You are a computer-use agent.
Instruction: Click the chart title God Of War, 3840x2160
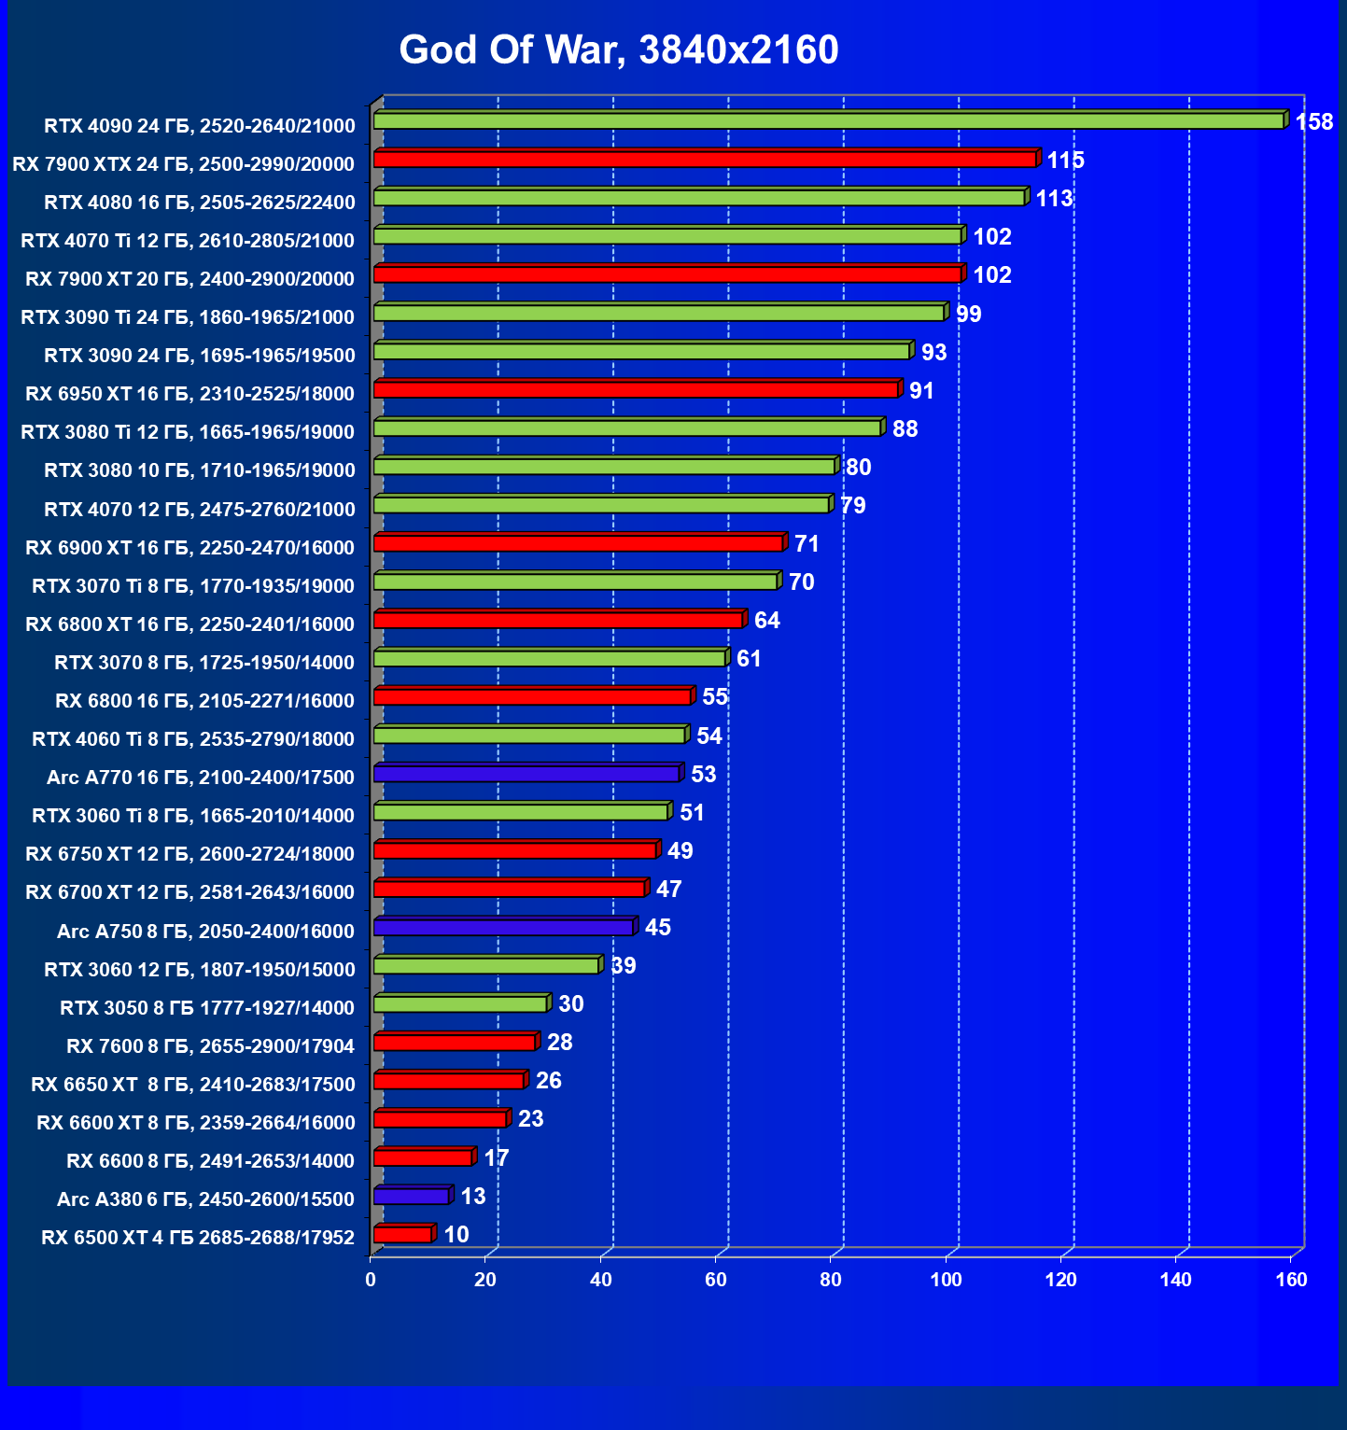coord(619,49)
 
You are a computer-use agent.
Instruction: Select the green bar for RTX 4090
coord(828,121)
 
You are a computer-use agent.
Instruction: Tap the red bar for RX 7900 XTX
coord(705,160)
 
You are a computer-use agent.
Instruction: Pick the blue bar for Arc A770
coord(526,774)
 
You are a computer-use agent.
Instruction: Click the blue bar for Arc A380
coord(412,1197)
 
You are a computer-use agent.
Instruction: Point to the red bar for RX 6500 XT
coord(403,1235)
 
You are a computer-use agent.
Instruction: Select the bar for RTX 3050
coord(460,1004)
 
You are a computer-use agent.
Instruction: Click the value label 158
coord(1314,122)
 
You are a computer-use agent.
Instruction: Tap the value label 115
coord(1065,161)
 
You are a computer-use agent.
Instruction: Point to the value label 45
coord(658,928)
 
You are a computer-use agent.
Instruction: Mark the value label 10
coord(456,1235)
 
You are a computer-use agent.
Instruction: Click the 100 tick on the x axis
coord(946,1280)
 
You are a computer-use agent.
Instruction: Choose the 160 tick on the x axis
coord(1291,1280)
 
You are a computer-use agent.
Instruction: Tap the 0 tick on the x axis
coord(371,1280)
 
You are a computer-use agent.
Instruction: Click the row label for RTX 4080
coord(200,203)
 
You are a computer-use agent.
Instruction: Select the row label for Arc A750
coord(205,932)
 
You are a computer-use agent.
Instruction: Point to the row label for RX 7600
coord(210,1046)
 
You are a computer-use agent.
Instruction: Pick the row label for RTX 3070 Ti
coord(193,586)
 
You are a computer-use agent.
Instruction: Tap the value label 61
coord(749,659)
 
